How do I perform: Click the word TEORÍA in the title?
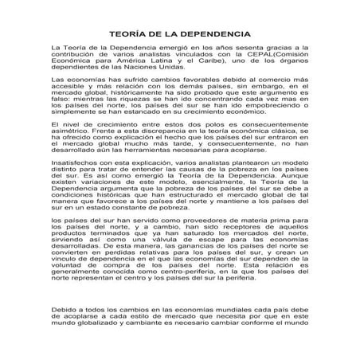pyautogui.click(x=125, y=35)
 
